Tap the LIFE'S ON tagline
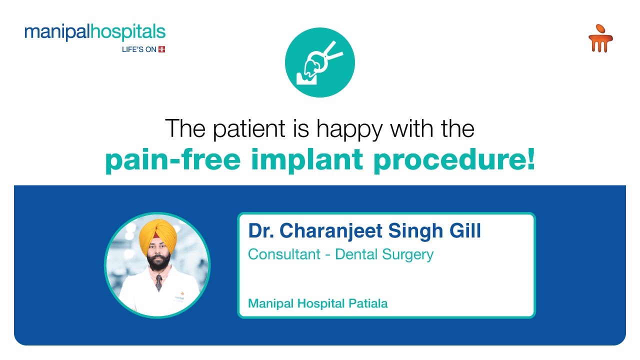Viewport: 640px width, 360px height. coord(139,49)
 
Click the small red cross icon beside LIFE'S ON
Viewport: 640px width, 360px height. coord(161,49)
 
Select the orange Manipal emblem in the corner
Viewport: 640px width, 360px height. coord(600,39)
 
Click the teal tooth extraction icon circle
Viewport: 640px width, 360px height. coord(319,62)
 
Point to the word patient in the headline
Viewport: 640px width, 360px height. coord(248,128)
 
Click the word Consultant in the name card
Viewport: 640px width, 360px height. coord(284,254)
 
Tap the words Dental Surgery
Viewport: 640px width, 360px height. coord(384,254)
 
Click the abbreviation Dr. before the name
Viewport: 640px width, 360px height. coord(261,231)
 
